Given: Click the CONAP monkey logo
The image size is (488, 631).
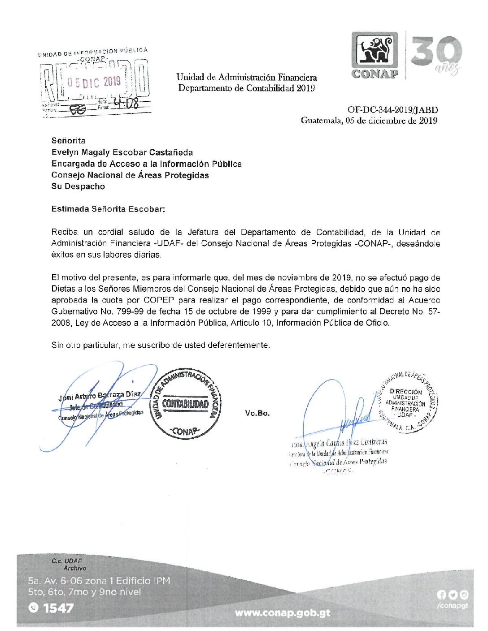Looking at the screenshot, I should click(375, 50).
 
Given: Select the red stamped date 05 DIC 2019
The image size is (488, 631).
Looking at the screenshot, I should click(94, 82).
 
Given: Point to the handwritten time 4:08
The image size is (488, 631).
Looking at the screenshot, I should click(126, 104).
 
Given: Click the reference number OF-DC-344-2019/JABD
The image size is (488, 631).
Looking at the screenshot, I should click(393, 110).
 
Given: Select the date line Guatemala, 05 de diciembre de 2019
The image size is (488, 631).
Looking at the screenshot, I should click(369, 120).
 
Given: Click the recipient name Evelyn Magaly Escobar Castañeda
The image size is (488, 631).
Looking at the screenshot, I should click(122, 152).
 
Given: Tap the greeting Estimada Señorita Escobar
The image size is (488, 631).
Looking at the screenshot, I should click(108, 209).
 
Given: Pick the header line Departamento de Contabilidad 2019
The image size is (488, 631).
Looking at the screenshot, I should click(246, 88).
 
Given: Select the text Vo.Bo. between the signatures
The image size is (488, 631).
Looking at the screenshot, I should click(257, 413).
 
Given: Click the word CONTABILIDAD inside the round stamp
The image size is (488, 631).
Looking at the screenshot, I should click(185, 404).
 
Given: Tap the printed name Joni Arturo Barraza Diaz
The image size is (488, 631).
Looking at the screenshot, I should click(99, 395).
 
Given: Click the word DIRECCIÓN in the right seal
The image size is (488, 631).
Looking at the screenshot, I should click(405, 392).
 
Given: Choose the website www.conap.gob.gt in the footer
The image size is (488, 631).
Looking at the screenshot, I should click(282, 613).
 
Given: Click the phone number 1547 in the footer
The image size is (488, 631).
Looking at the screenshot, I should click(58, 608).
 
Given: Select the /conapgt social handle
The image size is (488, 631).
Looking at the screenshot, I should click(452, 605).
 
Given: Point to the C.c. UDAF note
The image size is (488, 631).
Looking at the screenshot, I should click(67, 561).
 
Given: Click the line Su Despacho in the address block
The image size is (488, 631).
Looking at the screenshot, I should click(78, 186).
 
